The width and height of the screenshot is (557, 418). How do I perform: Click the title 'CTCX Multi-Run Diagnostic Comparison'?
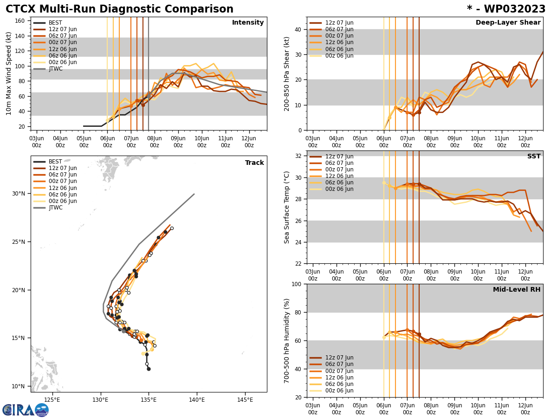[119, 9]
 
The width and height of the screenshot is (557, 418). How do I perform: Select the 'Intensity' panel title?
[248, 23]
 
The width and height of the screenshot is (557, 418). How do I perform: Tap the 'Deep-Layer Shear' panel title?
[508, 23]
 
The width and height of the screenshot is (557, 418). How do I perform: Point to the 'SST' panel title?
[534, 157]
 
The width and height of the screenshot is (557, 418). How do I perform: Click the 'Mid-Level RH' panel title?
[517, 290]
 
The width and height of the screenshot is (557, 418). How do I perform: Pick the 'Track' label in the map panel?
[254, 163]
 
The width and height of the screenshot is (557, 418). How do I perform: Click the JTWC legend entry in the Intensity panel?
[56, 69]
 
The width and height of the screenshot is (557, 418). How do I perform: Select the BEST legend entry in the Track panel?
[55, 162]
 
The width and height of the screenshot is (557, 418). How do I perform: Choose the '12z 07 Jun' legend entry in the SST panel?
[339, 157]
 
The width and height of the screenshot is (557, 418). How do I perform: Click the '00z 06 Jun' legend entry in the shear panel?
[339, 56]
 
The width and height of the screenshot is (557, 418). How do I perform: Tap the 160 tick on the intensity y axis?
[20, 21]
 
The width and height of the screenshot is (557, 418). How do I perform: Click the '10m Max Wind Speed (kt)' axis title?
[9, 73]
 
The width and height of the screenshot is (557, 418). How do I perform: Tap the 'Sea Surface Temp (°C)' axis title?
[287, 207]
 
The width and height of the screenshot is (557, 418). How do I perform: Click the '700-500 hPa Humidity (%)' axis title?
[287, 340]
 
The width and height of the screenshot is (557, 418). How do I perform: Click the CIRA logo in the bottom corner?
[26, 410]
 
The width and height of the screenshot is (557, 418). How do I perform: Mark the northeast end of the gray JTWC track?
[194, 194]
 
